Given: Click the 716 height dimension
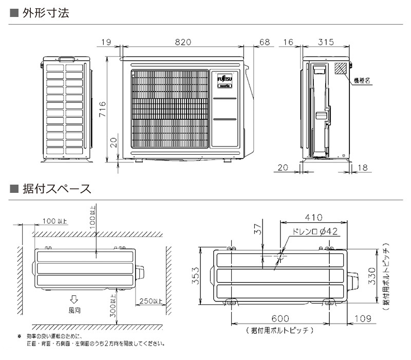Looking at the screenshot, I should coord(102,109).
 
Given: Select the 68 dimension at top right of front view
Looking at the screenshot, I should coord(264,42).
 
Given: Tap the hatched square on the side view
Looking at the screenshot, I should coord(341,69).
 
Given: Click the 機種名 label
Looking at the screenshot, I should coord(362,80).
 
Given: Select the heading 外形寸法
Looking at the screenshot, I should coord(45,13).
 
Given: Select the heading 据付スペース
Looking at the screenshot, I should coord(57,189).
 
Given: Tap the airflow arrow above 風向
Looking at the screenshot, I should coord(74,300).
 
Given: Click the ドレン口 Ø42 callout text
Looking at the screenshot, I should coord(314,232).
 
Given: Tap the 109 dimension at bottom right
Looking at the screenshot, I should coord(362,319).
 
